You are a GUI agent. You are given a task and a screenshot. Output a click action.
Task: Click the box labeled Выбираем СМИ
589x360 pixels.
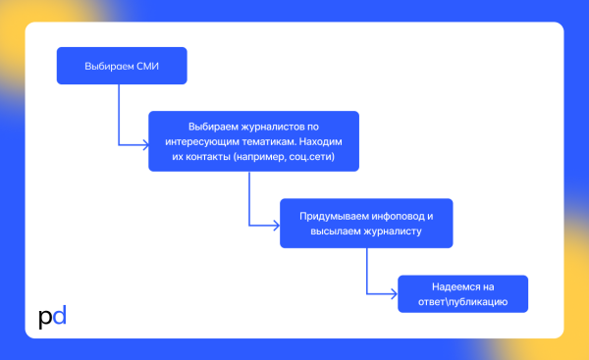tap(121, 67)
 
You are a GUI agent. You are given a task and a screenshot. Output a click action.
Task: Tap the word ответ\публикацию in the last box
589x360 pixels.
tap(463, 301)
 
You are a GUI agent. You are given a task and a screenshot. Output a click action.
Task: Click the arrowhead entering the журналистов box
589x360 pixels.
tap(145, 145)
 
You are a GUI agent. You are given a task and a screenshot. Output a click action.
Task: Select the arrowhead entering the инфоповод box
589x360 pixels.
tap(277, 224)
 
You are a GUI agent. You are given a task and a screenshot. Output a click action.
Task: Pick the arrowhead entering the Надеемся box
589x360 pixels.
tap(395, 292)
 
